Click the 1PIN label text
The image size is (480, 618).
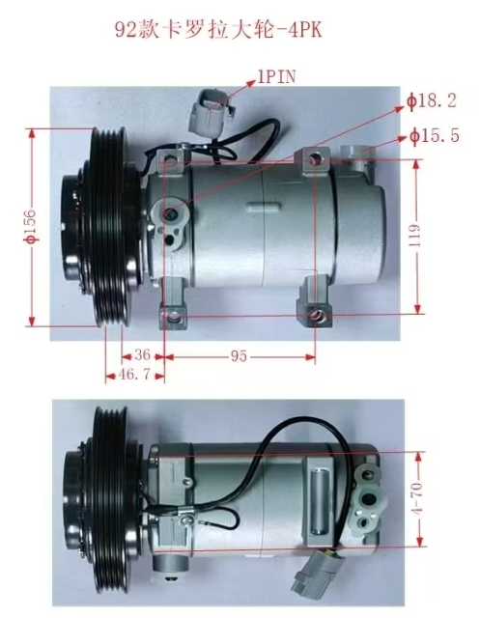coord(276,77)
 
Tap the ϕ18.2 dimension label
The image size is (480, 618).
coord(432,101)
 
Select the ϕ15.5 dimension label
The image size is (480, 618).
coord(435,136)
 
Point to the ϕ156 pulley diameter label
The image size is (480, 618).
coord(31,225)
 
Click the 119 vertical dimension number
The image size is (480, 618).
coord(414,236)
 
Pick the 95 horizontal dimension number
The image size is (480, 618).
coord(239,356)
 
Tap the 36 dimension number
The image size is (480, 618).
coord(142,355)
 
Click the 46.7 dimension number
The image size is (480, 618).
coord(134,374)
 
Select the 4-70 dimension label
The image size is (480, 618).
coord(418,498)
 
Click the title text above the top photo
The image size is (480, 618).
coord(218,31)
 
